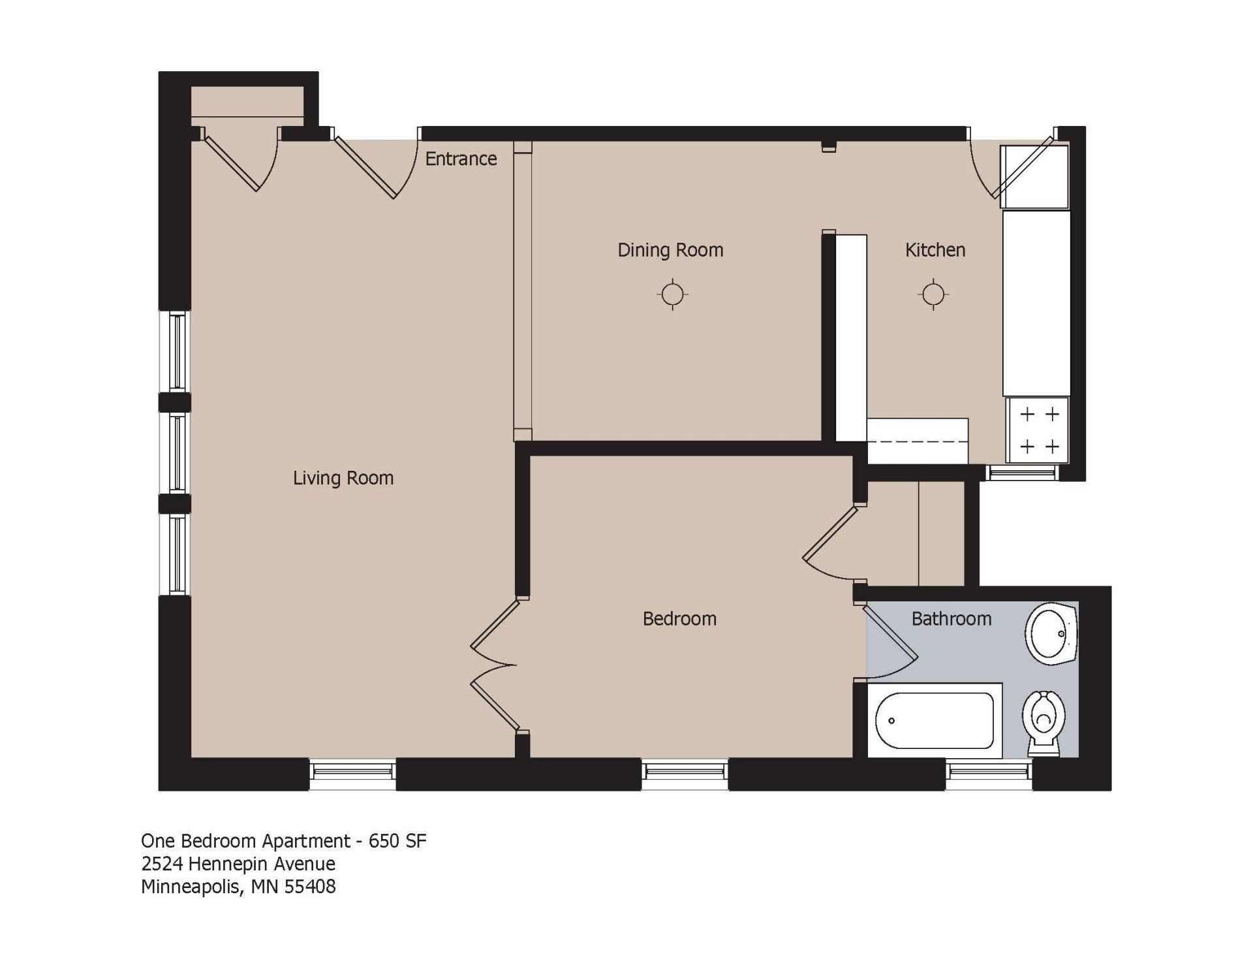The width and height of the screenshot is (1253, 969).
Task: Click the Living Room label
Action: point(343,478)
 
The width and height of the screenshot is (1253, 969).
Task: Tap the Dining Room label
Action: point(670,250)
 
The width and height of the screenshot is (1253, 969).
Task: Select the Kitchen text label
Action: point(935,250)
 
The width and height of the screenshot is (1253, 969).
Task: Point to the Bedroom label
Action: point(679,618)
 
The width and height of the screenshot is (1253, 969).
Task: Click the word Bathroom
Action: point(951,618)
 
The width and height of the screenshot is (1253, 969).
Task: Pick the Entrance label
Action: point(461,159)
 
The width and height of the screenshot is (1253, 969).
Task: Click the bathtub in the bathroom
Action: point(935,720)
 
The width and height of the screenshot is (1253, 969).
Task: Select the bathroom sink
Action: point(1051,633)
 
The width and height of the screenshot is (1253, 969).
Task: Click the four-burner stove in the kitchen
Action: point(1038,430)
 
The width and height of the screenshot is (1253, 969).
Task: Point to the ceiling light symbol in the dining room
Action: point(672,294)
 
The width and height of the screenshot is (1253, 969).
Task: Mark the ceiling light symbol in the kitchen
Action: point(933,294)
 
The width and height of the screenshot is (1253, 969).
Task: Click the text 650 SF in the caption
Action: point(397,840)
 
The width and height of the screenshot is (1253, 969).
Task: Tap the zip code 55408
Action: point(310,887)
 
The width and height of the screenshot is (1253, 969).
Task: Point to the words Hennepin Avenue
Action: point(262,864)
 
